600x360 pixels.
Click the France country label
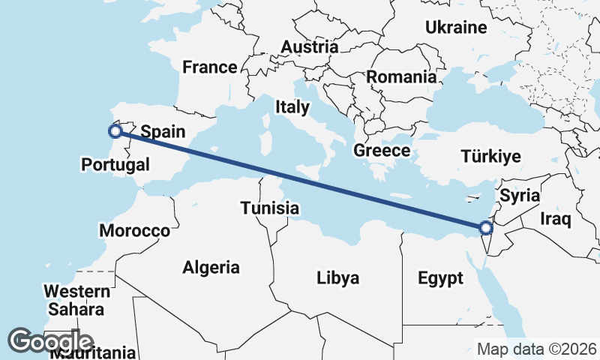[x=210, y=67]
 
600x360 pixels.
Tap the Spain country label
[x=163, y=131]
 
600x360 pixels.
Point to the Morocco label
[x=135, y=230]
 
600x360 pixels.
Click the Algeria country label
[x=211, y=267]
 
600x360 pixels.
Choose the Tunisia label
[x=270, y=208]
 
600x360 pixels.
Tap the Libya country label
[x=337, y=278]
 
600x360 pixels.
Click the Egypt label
[x=440, y=279]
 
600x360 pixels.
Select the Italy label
[x=292, y=106]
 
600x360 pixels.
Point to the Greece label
[x=382, y=150]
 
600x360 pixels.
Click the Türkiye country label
[x=490, y=157]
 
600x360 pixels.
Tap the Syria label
[x=520, y=196]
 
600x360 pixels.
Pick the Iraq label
[x=556, y=219]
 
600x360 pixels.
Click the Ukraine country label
[x=456, y=28]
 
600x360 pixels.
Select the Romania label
[x=401, y=76]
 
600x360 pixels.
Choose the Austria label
[x=309, y=46]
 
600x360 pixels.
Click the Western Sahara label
[x=73, y=299]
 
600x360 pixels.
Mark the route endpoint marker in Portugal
[x=115, y=131]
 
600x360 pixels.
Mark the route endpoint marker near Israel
[x=485, y=227]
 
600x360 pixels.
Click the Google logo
[x=51, y=341]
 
